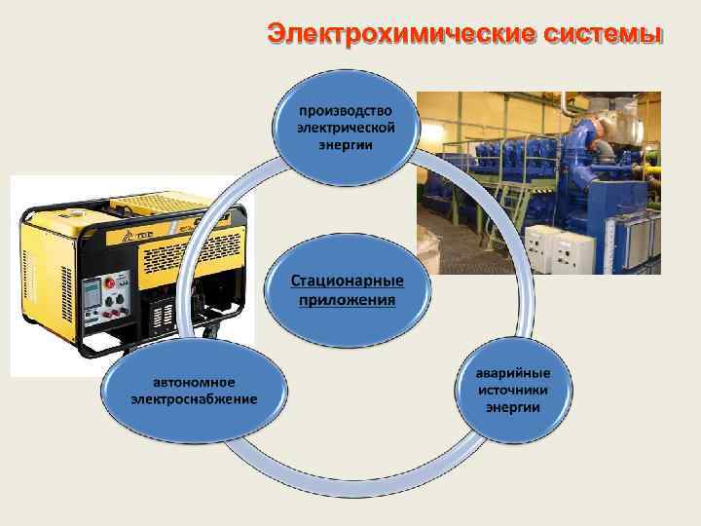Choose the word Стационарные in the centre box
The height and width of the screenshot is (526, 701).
click(348, 281)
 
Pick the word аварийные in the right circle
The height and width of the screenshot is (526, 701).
click(513, 372)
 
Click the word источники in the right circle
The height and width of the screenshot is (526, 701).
click(513, 389)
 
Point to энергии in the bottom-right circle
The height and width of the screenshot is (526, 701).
click(513, 405)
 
